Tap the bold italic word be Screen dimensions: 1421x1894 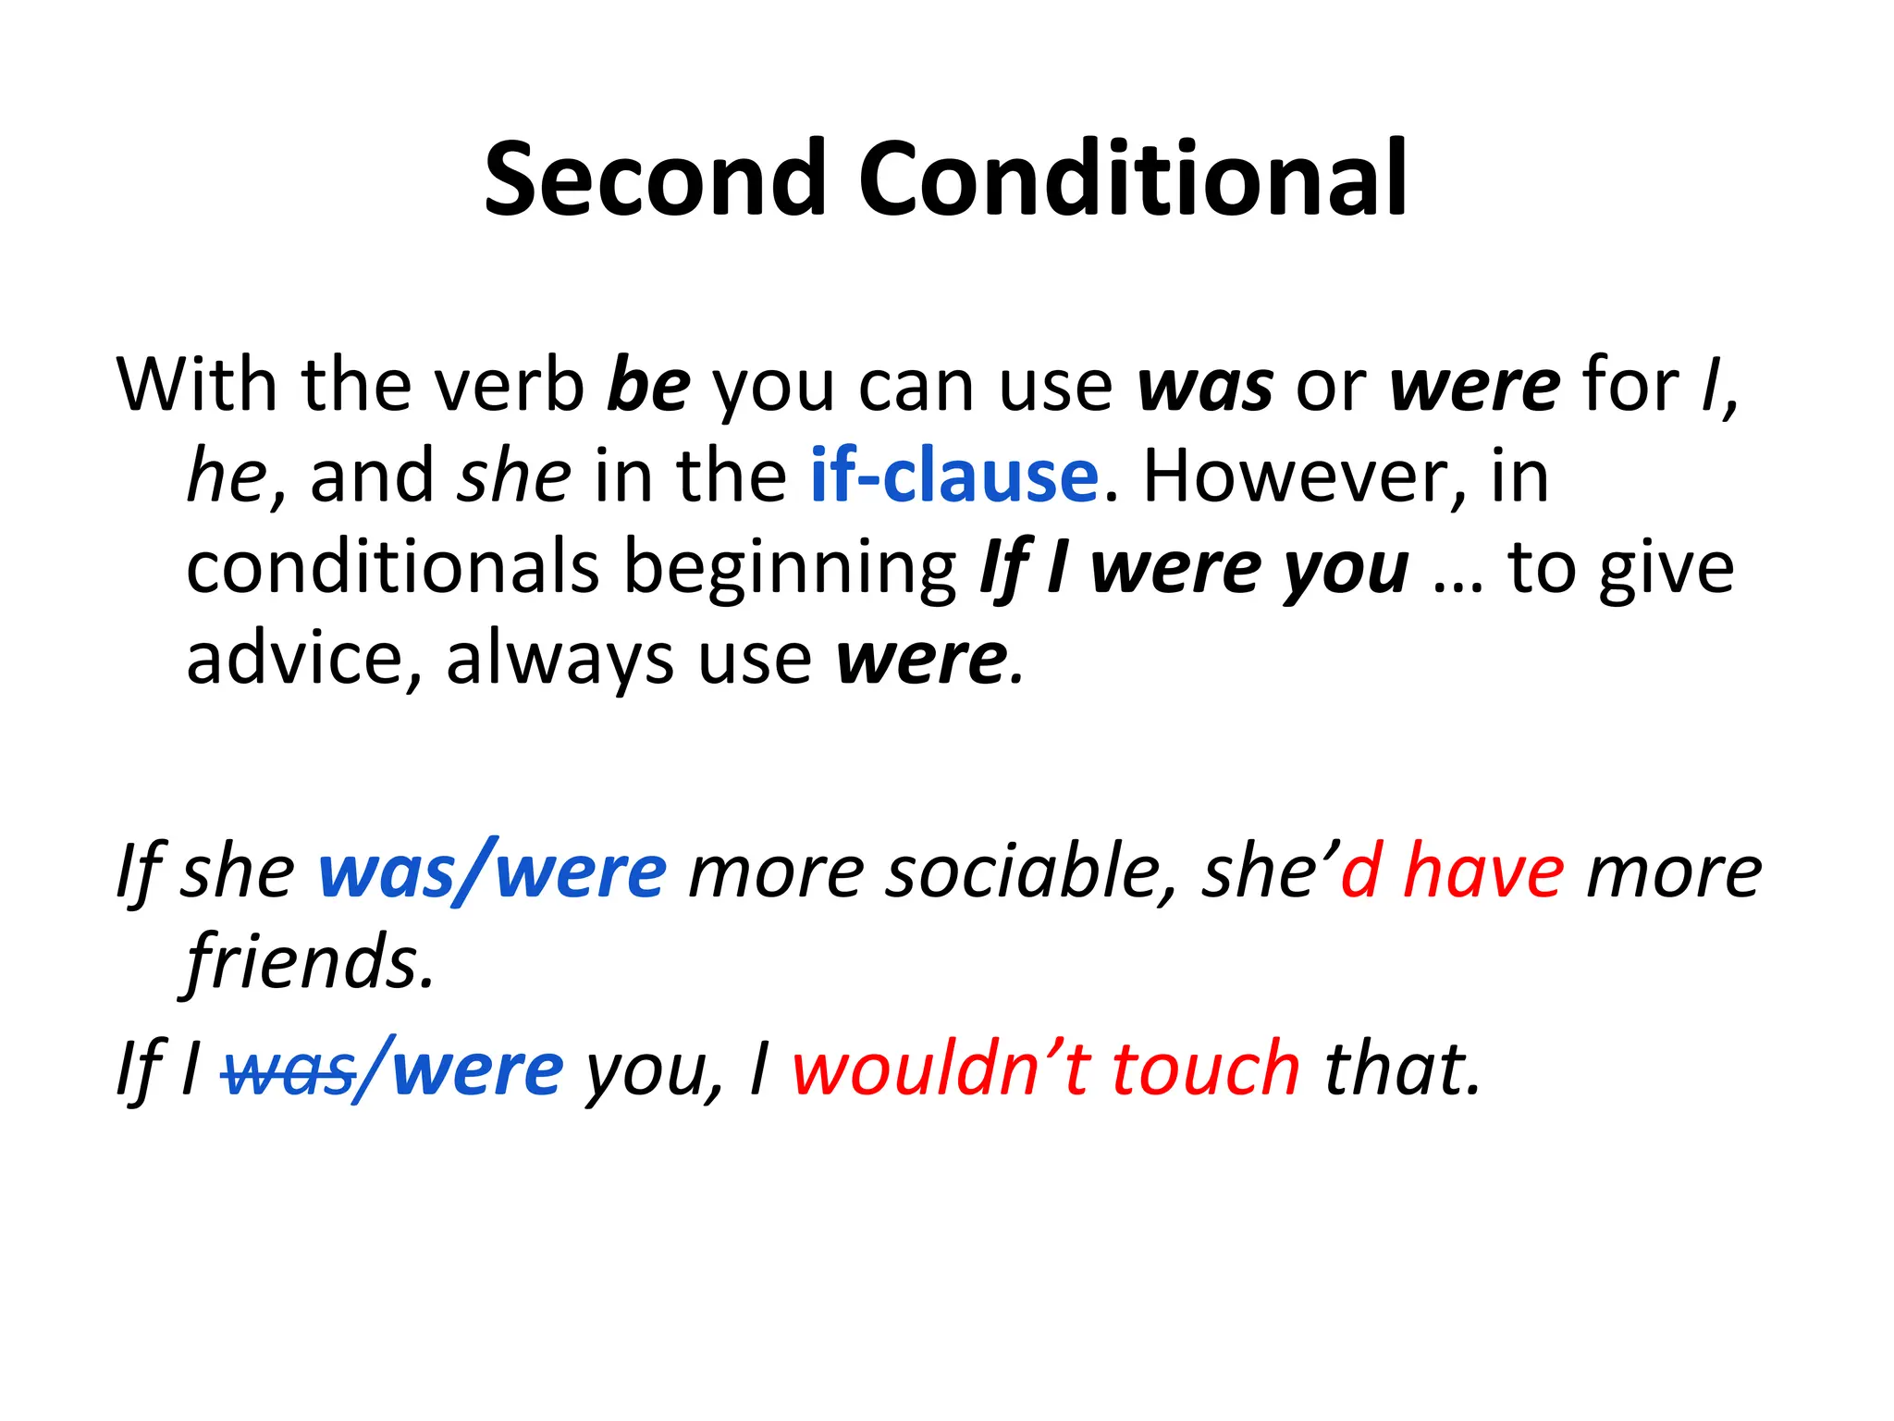648,385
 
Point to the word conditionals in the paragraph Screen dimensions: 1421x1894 393,567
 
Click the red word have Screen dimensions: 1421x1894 1483,871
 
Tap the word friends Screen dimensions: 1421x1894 309,962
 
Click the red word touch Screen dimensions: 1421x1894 1206,1069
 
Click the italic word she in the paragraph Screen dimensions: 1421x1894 515,476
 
